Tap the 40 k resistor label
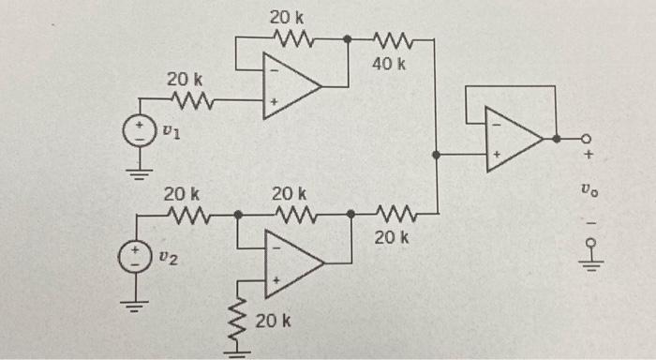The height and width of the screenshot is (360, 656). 388,66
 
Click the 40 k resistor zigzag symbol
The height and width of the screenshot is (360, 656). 388,40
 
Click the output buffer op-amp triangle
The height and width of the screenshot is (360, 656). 512,138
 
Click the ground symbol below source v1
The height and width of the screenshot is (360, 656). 140,172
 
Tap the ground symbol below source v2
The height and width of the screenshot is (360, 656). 139,305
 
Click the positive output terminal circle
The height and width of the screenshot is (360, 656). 588,138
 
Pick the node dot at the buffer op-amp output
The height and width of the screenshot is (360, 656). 557,138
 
